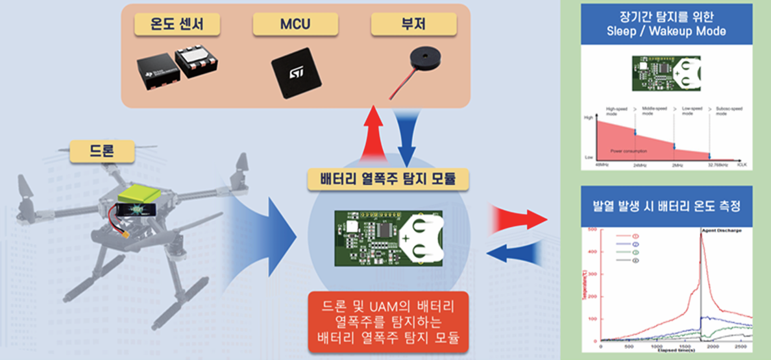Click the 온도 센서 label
tap(177, 25)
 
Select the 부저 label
tap(413, 25)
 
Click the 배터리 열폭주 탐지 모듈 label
tap(389, 180)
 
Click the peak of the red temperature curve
tap(702, 235)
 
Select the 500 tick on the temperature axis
tap(591, 230)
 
